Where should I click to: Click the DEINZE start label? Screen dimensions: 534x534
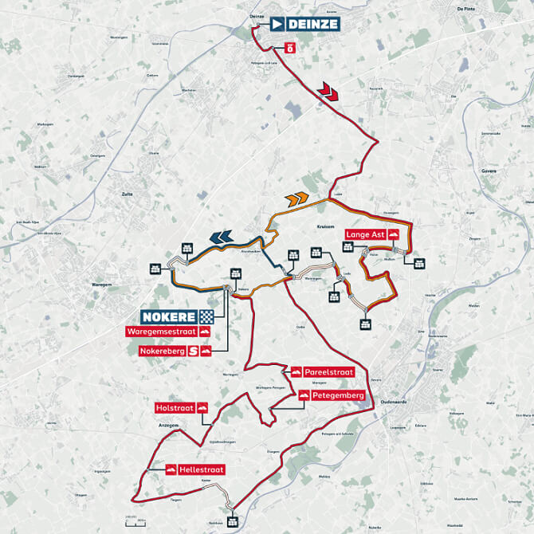[x=305, y=24]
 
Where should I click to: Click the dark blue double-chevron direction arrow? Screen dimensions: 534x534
[x=221, y=236]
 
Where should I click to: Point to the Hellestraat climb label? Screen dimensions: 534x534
[x=198, y=470]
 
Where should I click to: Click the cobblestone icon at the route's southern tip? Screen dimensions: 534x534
[x=232, y=521]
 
